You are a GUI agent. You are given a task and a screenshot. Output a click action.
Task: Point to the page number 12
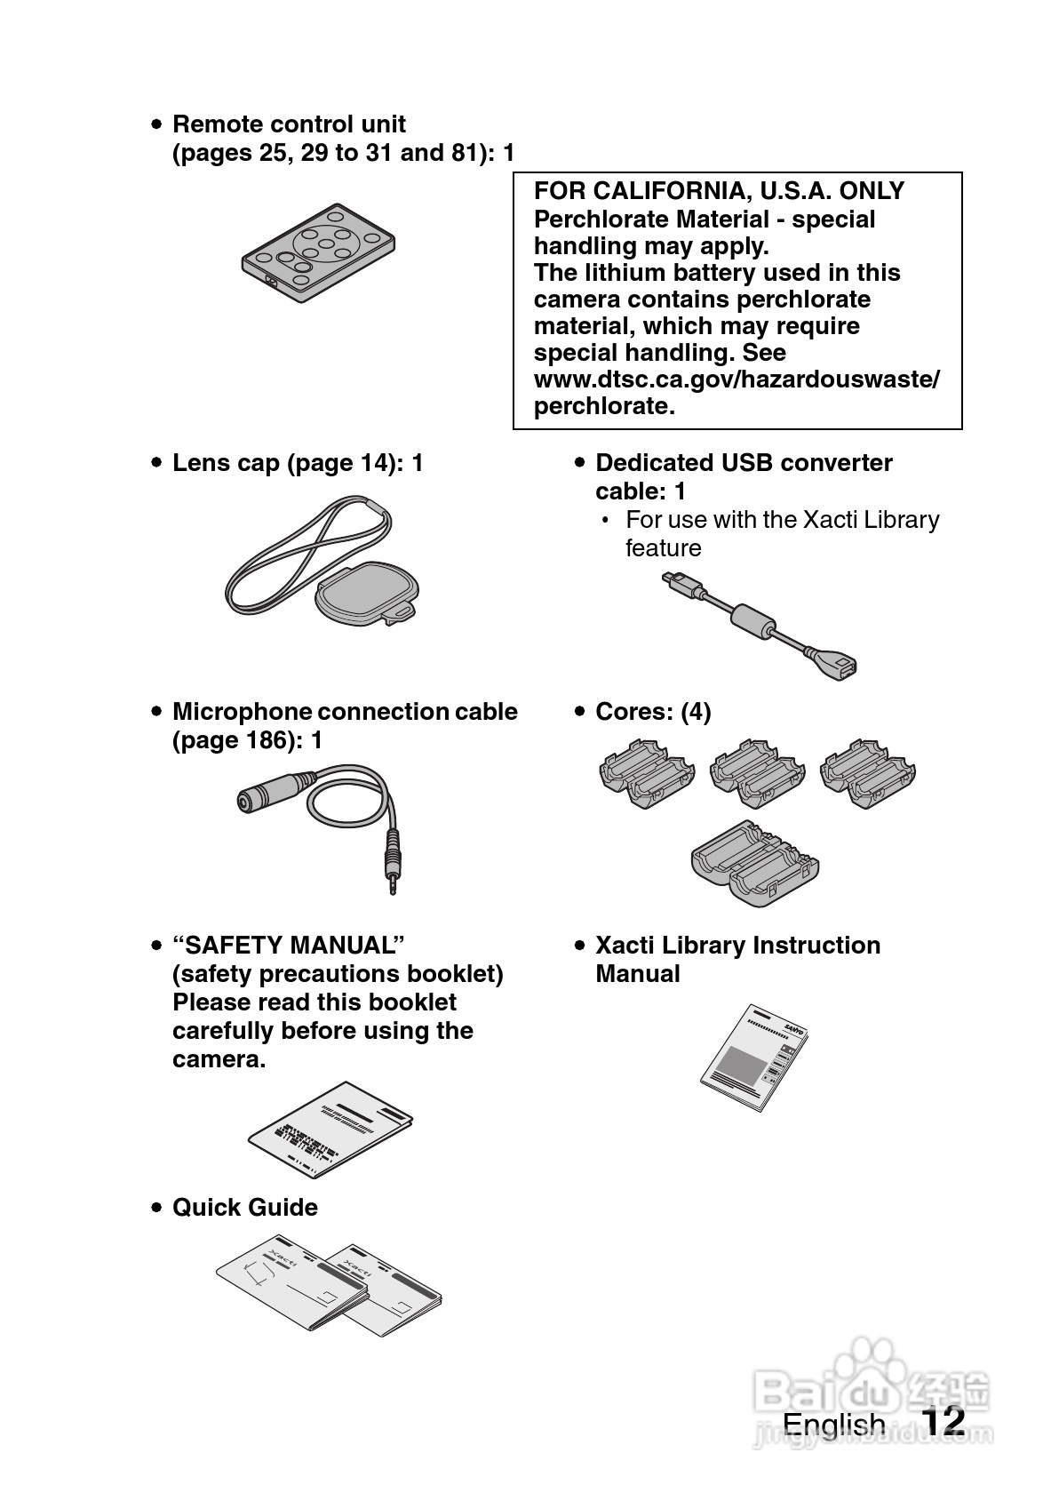[943, 1421]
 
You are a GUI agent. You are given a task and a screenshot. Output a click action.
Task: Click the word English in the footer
[833, 1425]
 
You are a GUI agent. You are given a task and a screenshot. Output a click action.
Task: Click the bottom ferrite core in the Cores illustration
[754, 863]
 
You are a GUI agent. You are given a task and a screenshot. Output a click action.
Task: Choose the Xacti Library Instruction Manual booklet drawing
[754, 1057]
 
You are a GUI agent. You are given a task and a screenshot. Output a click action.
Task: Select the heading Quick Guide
[245, 1207]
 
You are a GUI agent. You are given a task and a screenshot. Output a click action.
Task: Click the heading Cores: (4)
[653, 712]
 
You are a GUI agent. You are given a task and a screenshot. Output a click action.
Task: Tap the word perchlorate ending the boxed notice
[604, 406]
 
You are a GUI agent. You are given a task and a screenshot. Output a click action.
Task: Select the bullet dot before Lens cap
[156, 463]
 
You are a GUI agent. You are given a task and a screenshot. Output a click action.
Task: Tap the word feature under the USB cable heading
[663, 548]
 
